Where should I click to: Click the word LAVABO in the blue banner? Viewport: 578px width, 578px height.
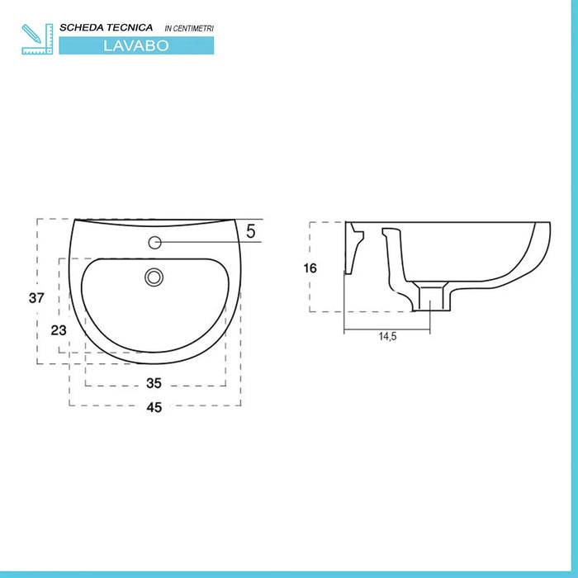[136, 46]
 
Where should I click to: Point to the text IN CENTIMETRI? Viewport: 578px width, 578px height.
[189, 29]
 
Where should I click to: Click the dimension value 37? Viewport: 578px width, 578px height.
[36, 299]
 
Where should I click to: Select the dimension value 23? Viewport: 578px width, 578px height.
[58, 329]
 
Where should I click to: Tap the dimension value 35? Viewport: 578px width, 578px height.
[154, 383]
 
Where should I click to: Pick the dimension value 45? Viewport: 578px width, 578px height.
[154, 405]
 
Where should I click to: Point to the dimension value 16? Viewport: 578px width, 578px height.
[310, 268]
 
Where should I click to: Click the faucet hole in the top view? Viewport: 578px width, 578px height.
[155, 242]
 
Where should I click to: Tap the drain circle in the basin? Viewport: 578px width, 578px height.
[152, 277]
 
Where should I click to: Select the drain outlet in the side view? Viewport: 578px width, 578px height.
[432, 298]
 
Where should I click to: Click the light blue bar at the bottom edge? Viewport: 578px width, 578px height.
[289, 574]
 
